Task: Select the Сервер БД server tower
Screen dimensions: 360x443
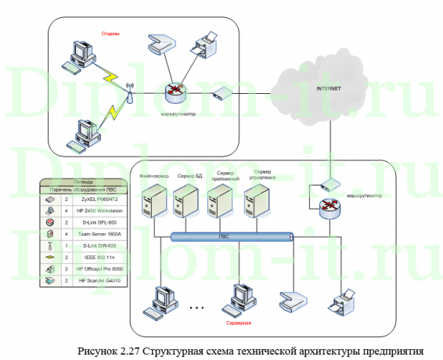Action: tap(185, 203)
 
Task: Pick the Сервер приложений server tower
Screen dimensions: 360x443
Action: tap(219, 203)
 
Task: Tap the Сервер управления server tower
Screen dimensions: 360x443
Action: tap(256, 203)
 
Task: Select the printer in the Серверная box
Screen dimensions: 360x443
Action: tap(341, 301)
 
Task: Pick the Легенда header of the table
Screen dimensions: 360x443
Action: tap(83, 182)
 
